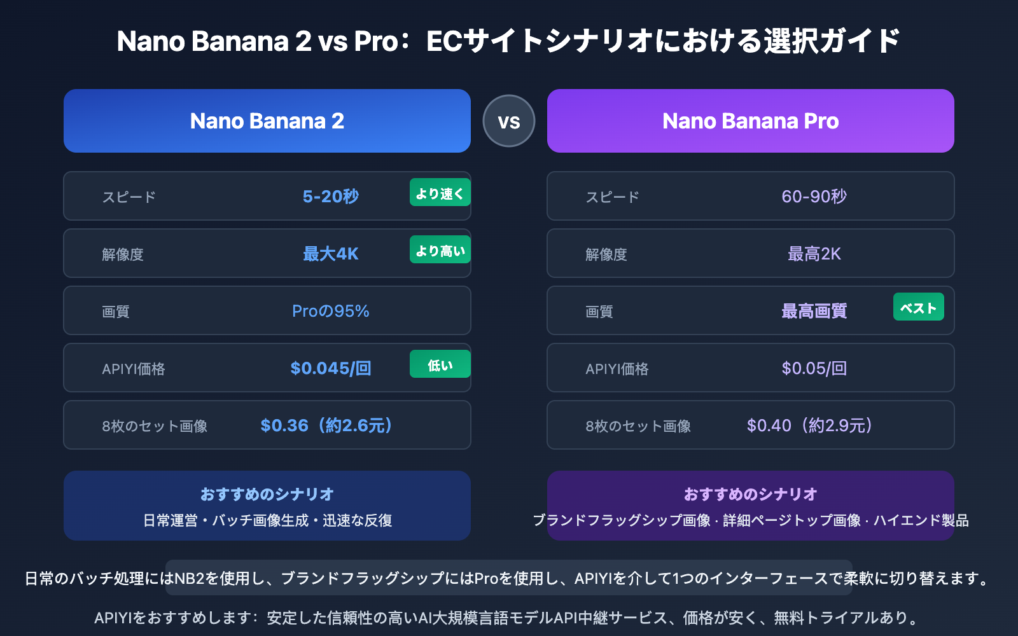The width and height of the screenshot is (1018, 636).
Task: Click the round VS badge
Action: pyautogui.click(x=509, y=121)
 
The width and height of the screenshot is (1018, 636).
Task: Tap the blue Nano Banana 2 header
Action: pyautogui.click(x=267, y=121)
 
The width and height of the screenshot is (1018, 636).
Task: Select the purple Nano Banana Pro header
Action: pyautogui.click(x=751, y=121)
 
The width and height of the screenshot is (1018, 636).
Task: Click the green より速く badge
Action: pyautogui.click(x=440, y=193)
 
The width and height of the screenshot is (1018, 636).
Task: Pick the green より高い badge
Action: pyautogui.click(x=440, y=251)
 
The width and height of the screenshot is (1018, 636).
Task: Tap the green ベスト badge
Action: pyautogui.click(x=918, y=308)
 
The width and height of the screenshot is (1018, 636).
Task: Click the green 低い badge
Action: pyautogui.click(x=440, y=365)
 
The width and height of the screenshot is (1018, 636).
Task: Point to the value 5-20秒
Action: pyautogui.click(x=331, y=197)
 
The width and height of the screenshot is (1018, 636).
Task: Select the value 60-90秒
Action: pyautogui.click(x=814, y=197)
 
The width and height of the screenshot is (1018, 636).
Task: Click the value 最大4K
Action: pyautogui.click(x=331, y=254)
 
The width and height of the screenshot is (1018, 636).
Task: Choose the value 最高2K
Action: pyautogui.click(x=814, y=254)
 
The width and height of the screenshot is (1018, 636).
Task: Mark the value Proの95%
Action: pyautogui.click(x=331, y=311)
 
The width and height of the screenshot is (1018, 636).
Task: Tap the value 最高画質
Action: pyautogui.click(x=814, y=311)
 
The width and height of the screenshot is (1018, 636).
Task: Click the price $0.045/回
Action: pyautogui.click(x=331, y=368)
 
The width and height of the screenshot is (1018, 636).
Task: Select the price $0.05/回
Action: pyautogui.click(x=814, y=368)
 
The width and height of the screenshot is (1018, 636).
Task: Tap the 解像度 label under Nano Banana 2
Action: pyautogui.click(x=123, y=254)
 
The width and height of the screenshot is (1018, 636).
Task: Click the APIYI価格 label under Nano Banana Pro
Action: pyautogui.click(x=617, y=369)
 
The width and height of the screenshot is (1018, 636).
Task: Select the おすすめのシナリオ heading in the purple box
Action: pyautogui.click(x=751, y=494)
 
